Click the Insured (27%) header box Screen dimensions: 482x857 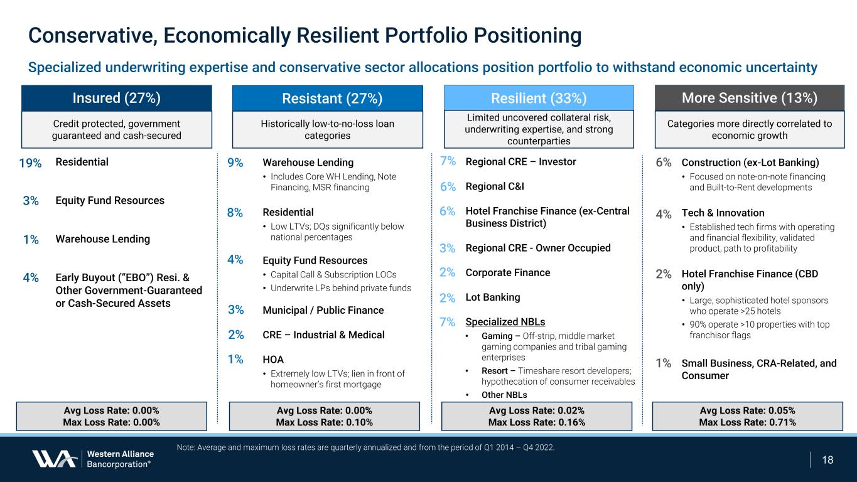117,98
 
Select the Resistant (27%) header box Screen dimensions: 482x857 327,98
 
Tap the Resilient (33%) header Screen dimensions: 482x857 539,98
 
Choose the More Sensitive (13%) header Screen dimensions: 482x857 750,98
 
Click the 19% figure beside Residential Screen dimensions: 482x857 30,163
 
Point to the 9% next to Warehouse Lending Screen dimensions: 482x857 235,163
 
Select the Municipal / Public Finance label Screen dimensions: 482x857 323,310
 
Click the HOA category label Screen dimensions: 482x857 272,360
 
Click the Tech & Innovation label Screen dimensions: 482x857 723,213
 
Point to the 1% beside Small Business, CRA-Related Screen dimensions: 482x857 664,363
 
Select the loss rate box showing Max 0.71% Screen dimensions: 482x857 747,415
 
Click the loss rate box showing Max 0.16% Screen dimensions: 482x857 537,415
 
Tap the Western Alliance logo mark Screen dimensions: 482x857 55,459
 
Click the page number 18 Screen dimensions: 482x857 827,459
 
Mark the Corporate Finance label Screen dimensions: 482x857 508,272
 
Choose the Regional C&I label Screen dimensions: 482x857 495,186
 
